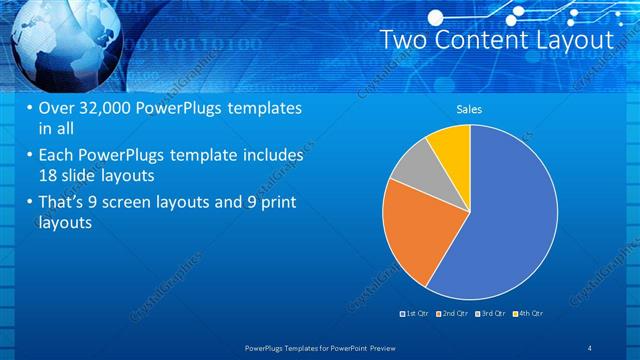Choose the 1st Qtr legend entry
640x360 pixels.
point(415,314)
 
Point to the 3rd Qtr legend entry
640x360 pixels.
point(491,314)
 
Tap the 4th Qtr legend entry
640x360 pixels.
point(529,314)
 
